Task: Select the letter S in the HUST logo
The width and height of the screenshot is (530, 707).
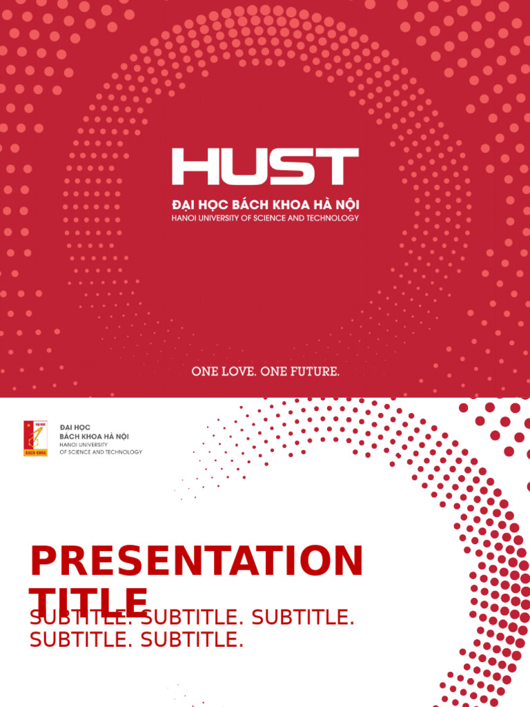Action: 288,166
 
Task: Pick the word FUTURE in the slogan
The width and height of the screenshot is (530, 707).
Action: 315,371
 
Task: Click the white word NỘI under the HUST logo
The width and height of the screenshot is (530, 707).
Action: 346,205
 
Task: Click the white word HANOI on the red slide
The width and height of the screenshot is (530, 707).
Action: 182,218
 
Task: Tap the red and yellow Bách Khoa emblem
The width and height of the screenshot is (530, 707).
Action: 36,438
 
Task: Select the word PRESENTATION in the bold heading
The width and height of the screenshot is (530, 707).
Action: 196,561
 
